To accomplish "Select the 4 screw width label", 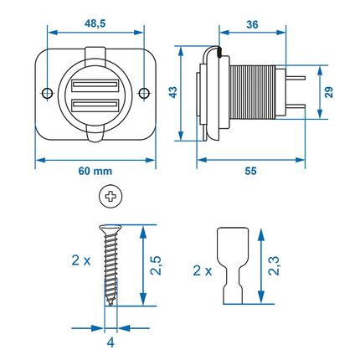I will [x=111, y=342].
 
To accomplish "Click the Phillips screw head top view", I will [x=110, y=198].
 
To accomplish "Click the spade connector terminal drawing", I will [x=230, y=264].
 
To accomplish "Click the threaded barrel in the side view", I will [x=252, y=95].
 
